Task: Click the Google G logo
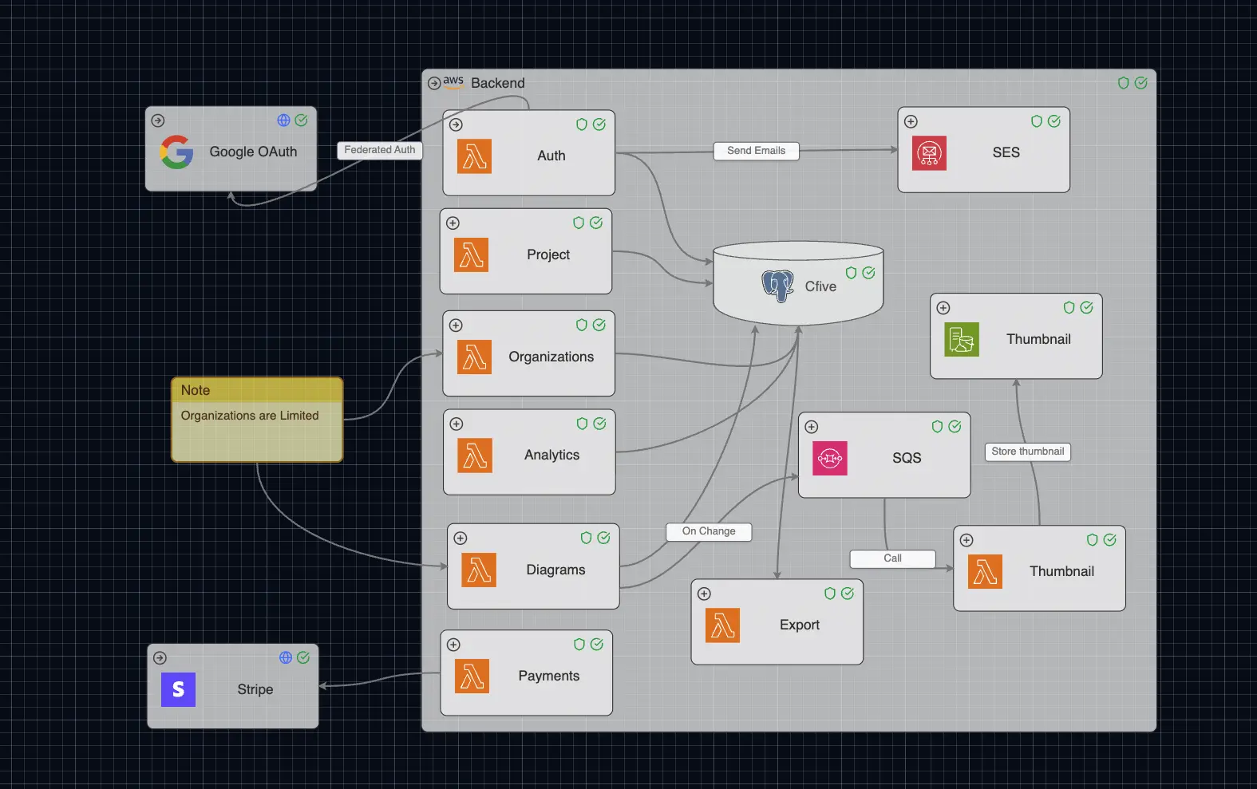click(x=176, y=152)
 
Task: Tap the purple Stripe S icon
click(x=178, y=689)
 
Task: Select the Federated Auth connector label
click(x=379, y=150)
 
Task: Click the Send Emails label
click(x=756, y=151)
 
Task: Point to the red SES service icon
click(x=929, y=153)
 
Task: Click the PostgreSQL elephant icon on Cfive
click(x=777, y=286)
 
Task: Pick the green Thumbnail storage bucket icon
click(x=962, y=340)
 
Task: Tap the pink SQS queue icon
click(x=830, y=459)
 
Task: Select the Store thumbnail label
click(x=1027, y=452)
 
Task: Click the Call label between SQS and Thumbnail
click(x=892, y=558)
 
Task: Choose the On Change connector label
click(x=709, y=531)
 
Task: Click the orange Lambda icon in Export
click(x=722, y=625)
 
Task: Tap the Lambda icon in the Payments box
click(x=472, y=677)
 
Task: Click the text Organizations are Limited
click(x=250, y=416)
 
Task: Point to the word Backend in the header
click(x=498, y=83)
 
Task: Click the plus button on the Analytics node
click(x=457, y=424)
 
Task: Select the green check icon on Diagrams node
click(x=603, y=538)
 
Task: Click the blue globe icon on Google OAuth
click(x=283, y=120)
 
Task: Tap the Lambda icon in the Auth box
click(x=474, y=156)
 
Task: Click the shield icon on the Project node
click(x=579, y=223)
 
